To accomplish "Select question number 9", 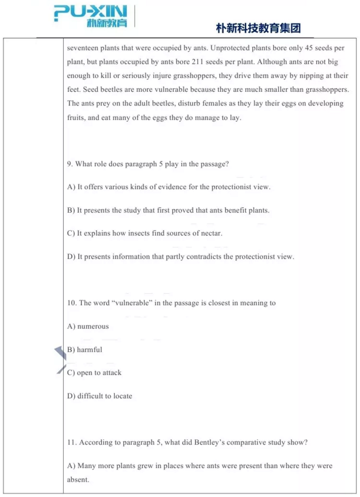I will pyautogui.click(x=70, y=164).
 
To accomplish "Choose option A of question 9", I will pyautogui.click(x=169, y=187).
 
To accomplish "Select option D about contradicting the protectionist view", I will pyautogui.click(x=180, y=257).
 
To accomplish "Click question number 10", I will pyautogui.click(x=72, y=303).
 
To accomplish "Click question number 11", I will pyautogui.click(x=72, y=443).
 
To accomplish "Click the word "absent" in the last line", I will pyautogui.click(x=77, y=479).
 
